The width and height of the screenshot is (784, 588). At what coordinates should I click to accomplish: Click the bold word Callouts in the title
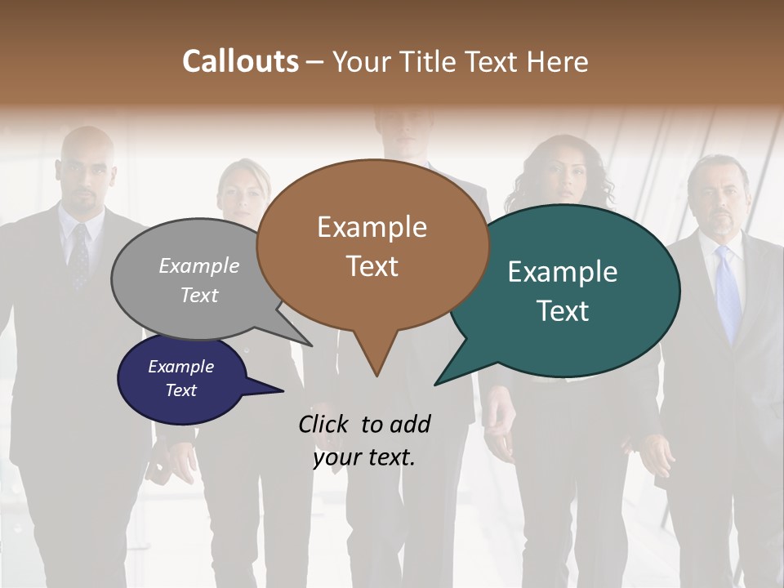point(240,61)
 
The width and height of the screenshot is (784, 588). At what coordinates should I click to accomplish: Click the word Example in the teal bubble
point(563,271)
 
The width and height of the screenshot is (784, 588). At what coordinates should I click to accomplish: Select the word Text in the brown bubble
point(372,265)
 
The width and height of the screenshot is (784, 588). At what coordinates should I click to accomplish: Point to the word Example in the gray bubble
point(199,265)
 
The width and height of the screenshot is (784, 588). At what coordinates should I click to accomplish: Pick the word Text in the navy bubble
point(181,390)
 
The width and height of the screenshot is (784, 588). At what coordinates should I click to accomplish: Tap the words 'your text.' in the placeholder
point(364,458)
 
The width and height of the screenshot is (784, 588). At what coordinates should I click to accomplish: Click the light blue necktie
point(727,294)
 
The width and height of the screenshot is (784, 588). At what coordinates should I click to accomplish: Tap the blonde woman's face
point(243,192)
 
